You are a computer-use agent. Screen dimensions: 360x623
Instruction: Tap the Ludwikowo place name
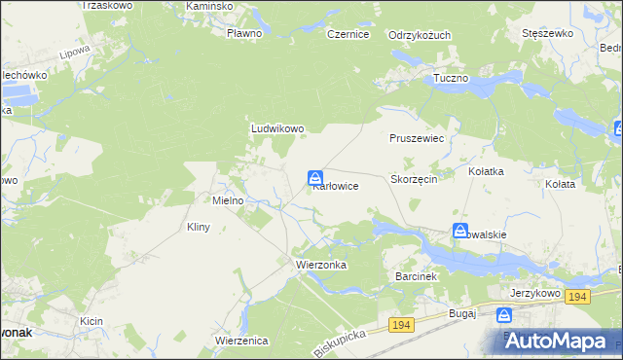point(277,127)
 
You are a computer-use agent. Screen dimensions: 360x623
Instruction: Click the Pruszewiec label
point(417,139)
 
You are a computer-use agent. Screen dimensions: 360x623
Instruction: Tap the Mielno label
point(234,200)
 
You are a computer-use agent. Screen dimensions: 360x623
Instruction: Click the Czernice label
point(348,34)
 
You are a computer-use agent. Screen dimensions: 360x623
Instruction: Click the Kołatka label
point(486,171)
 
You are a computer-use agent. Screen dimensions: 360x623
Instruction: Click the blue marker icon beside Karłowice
point(315,178)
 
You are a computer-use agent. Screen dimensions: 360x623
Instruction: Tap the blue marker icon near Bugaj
point(504,315)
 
